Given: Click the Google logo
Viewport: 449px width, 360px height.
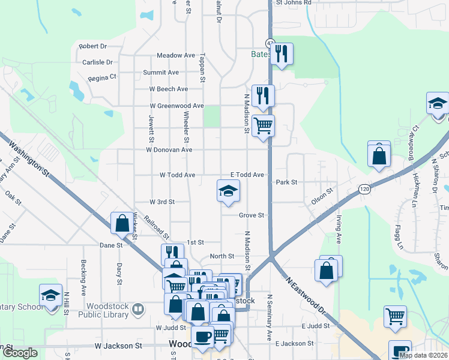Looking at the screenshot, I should pos(20,353).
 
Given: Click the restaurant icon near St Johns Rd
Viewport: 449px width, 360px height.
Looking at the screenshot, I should pos(281,54).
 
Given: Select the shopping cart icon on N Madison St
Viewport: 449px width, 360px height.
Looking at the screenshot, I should pos(263,126).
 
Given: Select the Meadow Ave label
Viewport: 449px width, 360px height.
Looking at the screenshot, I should pos(176,55).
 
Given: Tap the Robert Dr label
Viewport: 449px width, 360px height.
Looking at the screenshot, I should pos(92,46).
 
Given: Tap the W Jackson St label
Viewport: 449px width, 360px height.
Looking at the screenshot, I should pos(118,346).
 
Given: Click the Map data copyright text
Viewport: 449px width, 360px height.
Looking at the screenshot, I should pos(423,355).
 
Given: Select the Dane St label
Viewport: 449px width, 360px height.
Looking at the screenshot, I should pos(111,245).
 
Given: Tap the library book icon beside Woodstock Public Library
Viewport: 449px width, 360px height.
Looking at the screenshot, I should pos(138,309).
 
